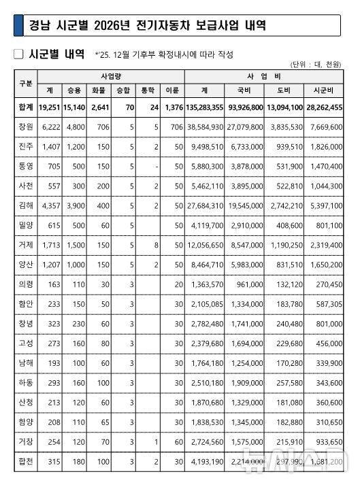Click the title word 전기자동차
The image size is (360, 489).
pyautogui.click(x=171, y=27)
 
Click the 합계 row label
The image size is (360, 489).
pyautogui.click(x=26, y=107)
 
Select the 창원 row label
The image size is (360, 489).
pyautogui.click(x=26, y=127)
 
